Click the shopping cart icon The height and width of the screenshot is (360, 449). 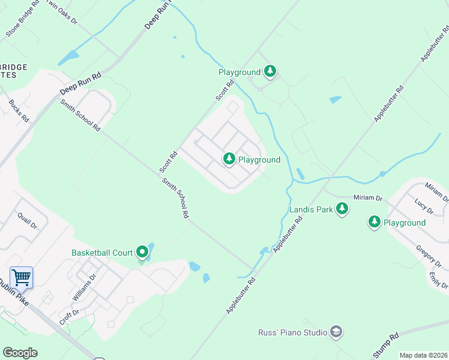click(x=21, y=277)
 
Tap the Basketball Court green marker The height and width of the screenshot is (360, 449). click(x=142, y=253)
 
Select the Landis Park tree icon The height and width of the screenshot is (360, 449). click(x=342, y=209)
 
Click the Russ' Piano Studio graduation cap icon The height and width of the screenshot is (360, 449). click(x=336, y=332)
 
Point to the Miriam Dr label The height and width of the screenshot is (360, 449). click(x=368, y=197)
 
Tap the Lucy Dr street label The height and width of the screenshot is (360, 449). click(x=424, y=208)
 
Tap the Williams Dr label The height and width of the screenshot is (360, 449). click(x=84, y=288)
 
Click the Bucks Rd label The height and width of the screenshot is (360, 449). click(x=19, y=111)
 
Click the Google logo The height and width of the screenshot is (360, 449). click(x=20, y=353)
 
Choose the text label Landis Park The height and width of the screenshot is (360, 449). click(x=310, y=210)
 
